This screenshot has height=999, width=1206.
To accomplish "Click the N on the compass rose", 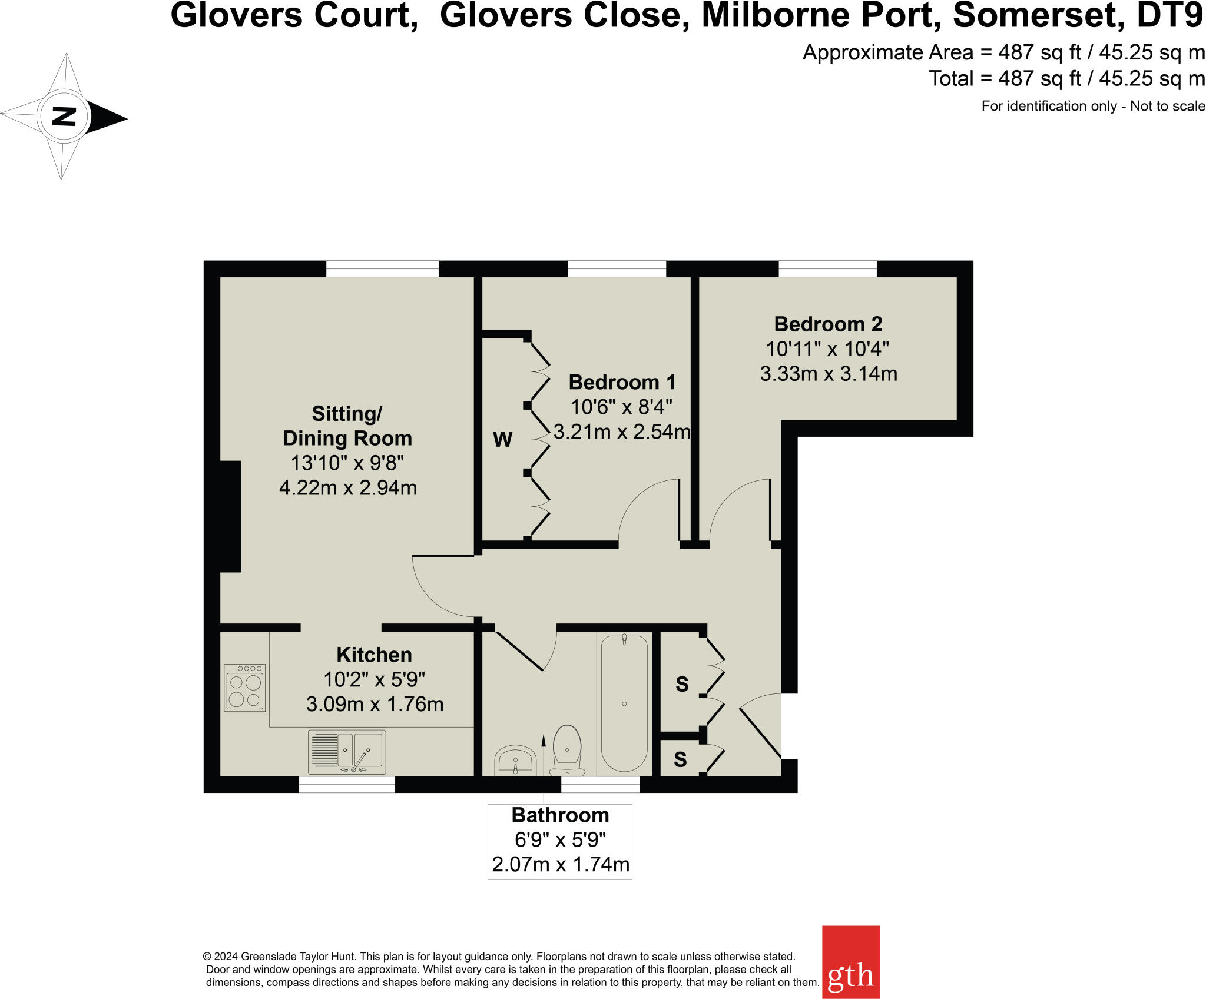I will click(64, 117).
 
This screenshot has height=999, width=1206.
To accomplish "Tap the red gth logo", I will click(850, 961).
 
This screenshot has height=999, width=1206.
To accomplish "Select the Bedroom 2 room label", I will click(828, 324).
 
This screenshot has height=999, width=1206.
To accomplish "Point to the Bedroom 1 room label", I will click(622, 383).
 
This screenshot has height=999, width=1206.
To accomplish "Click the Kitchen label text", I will click(374, 655).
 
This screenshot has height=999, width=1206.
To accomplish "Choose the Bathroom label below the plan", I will click(560, 815).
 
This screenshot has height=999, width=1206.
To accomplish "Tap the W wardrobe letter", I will click(502, 440).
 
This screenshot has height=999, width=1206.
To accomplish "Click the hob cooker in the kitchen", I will click(245, 688).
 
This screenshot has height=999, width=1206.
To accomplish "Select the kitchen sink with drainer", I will click(347, 752).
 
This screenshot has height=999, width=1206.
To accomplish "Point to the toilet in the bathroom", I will click(567, 749).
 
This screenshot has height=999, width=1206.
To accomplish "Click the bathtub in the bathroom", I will click(624, 703).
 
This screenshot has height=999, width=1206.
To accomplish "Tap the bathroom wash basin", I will click(515, 760).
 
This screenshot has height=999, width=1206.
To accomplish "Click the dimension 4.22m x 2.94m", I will click(348, 488).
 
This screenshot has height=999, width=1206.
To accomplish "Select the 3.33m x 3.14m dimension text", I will click(829, 374).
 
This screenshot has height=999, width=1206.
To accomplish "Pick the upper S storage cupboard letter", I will click(682, 685).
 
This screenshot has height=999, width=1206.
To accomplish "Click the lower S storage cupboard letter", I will click(680, 760).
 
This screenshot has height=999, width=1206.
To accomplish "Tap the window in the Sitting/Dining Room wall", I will click(382, 269).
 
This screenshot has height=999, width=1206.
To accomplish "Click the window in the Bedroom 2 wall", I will click(827, 269).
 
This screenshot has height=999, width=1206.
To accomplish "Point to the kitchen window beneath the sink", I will click(347, 785).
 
